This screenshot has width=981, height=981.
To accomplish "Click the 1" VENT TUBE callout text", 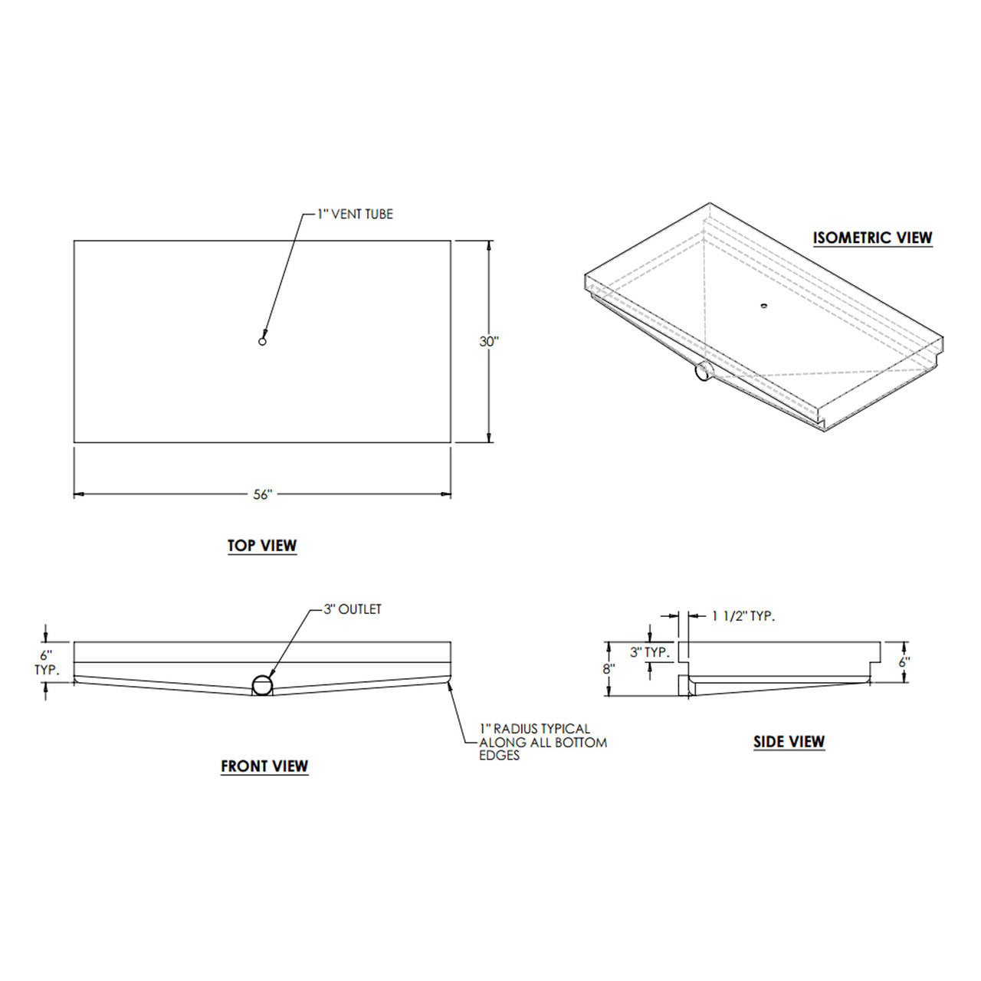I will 356,215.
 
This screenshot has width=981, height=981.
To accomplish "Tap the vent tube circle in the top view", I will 262,342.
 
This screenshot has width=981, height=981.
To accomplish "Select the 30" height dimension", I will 489,342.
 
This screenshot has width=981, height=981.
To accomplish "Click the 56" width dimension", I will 263,495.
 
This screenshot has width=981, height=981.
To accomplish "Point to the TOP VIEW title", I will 262,546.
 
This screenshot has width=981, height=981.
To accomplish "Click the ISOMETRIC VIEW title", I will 873,238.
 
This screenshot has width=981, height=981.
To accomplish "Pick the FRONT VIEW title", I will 264,766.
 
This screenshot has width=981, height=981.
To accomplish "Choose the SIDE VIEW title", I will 789,741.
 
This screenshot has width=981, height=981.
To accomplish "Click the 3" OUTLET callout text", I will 352,609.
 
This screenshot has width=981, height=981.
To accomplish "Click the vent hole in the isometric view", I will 763,306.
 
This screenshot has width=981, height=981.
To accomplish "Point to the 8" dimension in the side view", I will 609,668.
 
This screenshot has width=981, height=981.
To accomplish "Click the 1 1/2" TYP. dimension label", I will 743,615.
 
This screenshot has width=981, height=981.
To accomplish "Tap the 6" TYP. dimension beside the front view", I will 47,662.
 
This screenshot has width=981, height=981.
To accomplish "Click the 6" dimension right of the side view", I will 904,661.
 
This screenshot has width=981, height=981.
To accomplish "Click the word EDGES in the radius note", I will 500,756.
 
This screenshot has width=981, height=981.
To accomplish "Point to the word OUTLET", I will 360,609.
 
